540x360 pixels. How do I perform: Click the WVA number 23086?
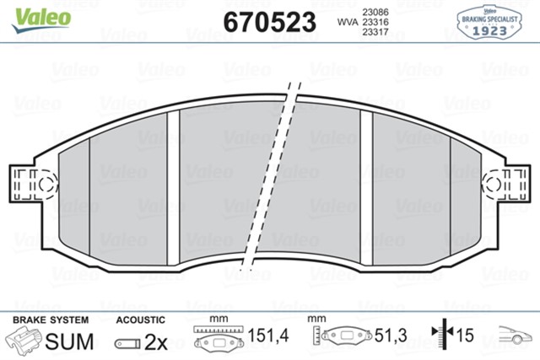point(375,11)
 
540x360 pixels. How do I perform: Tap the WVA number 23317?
point(375,33)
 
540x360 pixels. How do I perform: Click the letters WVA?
point(346,22)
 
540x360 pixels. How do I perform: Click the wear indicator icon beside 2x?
point(127,343)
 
